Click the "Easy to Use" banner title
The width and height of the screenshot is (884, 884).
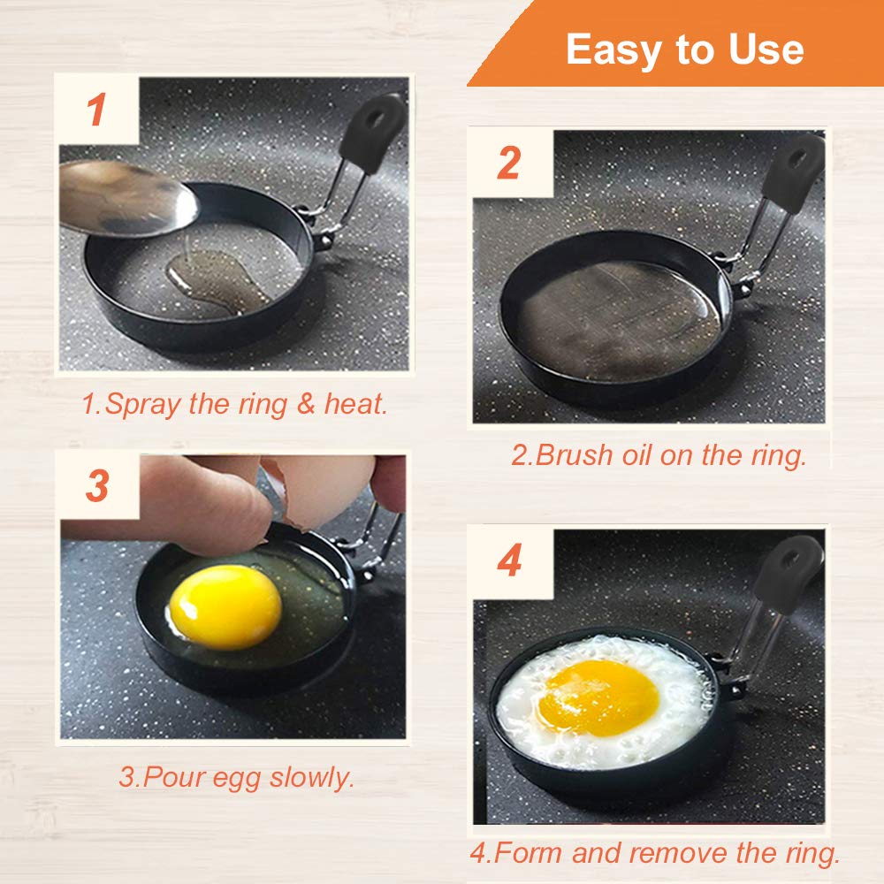coord(684,49)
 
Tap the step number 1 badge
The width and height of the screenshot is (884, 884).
coord(97,110)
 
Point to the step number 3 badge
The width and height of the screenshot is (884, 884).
coord(97,485)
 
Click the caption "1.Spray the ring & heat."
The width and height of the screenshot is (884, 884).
coord(234,404)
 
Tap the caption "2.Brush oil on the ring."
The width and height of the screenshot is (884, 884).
coord(659,455)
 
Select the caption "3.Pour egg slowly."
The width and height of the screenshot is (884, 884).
coord(236,777)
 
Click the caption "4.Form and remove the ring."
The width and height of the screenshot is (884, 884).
coord(654,853)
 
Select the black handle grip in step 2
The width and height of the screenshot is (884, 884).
coord(793,172)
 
